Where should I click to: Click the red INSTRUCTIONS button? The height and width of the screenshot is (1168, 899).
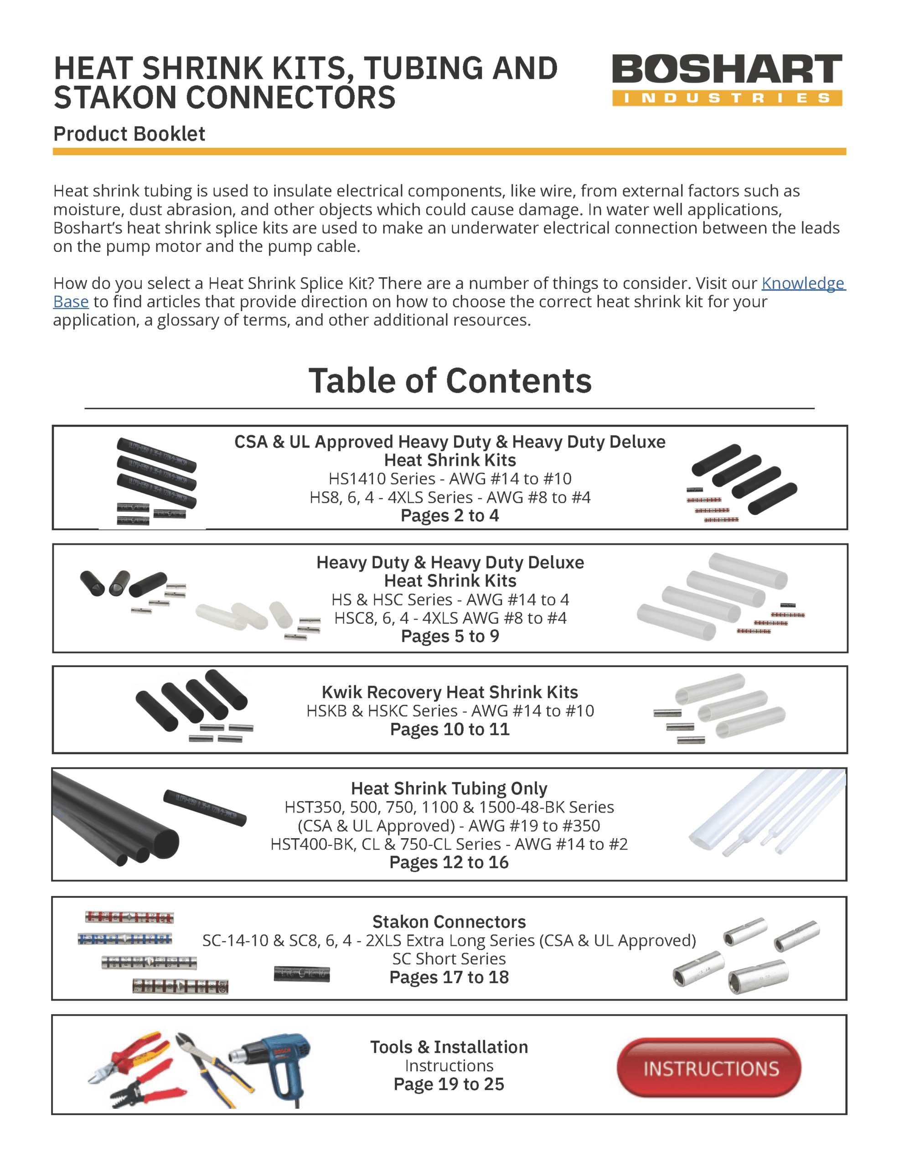click(x=709, y=1068)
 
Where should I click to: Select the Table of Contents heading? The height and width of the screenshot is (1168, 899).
click(x=449, y=381)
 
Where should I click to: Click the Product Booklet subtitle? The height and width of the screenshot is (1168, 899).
click(x=129, y=134)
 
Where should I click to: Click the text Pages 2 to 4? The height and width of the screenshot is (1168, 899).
click(x=449, y=516)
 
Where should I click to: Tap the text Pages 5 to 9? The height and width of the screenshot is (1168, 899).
click(x=449, y=636)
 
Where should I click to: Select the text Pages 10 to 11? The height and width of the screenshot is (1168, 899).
click(x=449, y=729)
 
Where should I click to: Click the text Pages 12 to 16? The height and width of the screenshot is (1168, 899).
click(x=449, y=862)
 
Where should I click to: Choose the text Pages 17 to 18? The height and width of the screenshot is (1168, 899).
click(x=449, y=977)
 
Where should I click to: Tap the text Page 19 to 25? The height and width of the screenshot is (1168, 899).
click(x=449, y=1084)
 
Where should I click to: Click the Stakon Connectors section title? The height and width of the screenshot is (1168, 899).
click(x=449, y=922)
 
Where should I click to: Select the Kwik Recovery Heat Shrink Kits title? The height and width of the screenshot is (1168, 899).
click(x=449, y=692)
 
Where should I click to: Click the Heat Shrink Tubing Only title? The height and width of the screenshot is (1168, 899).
click(x=449, y=788)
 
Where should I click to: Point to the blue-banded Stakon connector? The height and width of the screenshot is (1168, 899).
click(x=124, y=939)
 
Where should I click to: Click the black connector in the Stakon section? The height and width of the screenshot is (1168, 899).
click(x=301, y=974)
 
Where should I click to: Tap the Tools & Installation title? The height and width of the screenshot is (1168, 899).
click(x=449, y=1047)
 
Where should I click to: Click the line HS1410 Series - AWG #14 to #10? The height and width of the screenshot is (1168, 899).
click(x=449, y=479)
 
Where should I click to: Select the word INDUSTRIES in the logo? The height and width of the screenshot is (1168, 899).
click(x=726, y=98)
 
